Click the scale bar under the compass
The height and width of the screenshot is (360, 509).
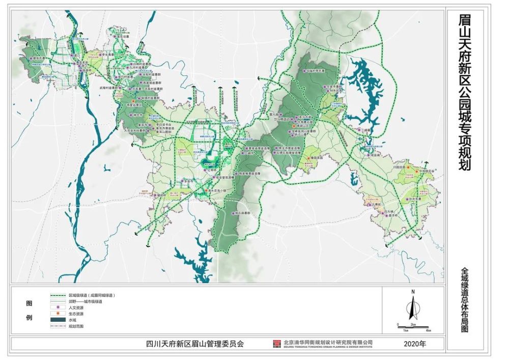(x=413, y=325)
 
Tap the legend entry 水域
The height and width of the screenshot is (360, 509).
(x=76, y=320)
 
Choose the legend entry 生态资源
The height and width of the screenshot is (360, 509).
(x=76, y=314)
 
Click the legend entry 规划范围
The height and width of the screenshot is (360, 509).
(x=76, y=326)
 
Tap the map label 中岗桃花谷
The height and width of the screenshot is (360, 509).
(x=426, y=172)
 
